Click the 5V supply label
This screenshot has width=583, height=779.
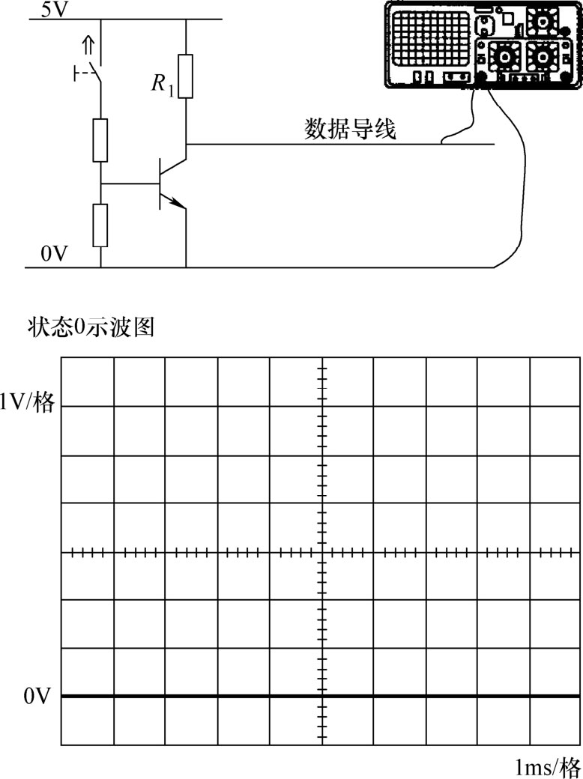(x=52, y=10)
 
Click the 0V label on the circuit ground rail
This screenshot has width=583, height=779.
(x=54, y=254)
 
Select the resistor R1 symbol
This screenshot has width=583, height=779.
(x=185, y=76)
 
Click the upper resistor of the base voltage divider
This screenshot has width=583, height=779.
(x=100, y=140)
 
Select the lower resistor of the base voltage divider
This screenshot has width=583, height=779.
(x=100, y=225)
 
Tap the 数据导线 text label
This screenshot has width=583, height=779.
(x=351, y=130)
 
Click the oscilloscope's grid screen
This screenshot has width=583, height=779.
(x=430, y=39)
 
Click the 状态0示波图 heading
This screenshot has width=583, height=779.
(x=90, y=328)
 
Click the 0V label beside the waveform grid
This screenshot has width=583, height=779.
(x=37, y=697)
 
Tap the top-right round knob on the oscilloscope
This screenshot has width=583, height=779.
(x=541, y=21)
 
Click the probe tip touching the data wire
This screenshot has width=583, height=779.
(x=442, y=142)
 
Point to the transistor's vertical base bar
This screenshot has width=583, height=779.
(x=160, y=184)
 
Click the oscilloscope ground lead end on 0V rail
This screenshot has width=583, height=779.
(x=495, y=267)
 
